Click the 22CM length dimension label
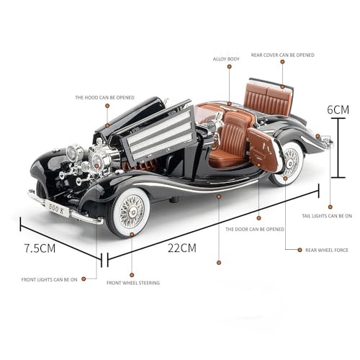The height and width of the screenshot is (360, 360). (x=181, y=248)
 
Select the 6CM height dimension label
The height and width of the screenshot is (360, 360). (x=338, y=109)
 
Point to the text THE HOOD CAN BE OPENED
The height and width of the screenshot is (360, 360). (x=104, y=96)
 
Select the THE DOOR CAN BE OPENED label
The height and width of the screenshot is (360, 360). (x=255, y=229)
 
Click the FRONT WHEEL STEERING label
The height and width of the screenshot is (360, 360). (x=134, y=282)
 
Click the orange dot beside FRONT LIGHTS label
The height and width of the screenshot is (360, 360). (x=85, y=278)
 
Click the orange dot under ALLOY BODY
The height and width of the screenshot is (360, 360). (x=229, y=67)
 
